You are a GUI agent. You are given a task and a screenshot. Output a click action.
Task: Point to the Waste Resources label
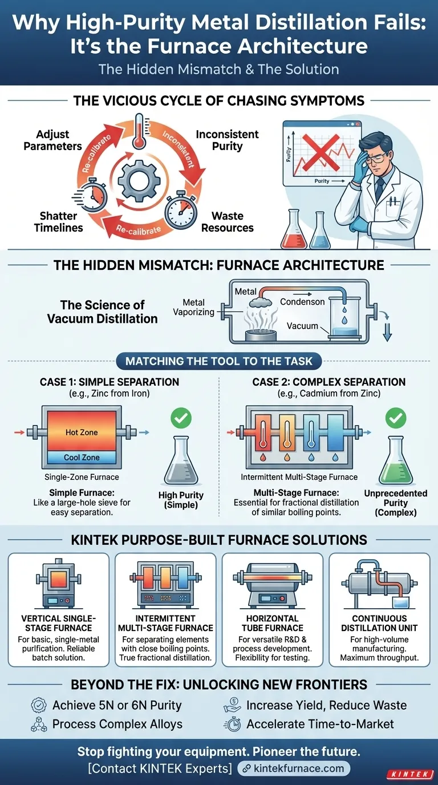pyautogui.click(x=228, y=222)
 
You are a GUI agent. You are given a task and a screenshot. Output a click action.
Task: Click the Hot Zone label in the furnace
pyautogui.click(x=81, y=432)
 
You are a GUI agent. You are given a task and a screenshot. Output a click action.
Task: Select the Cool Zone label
pyautogui.click(x=81, y=458)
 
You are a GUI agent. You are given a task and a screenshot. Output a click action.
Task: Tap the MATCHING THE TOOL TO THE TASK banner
pyautogui.click(x=218, y=361)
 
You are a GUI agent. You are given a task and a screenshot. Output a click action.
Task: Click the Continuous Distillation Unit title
pyautogui.click(x=379, y=623)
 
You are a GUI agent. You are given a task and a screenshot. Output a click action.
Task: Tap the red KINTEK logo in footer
pyautogui.click(x=409, y=774)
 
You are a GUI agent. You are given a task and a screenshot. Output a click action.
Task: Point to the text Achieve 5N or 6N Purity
pyautogui.click(x=116, y=705)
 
